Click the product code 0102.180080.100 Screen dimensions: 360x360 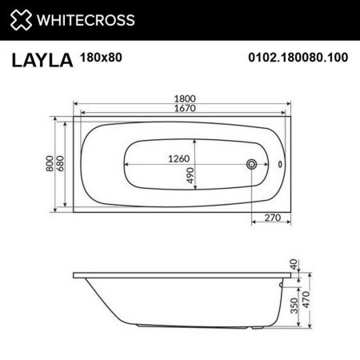298,58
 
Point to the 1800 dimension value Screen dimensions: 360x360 185,98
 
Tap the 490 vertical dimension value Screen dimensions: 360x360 191,176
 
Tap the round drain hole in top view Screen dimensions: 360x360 253,165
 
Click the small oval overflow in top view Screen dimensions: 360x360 279,165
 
